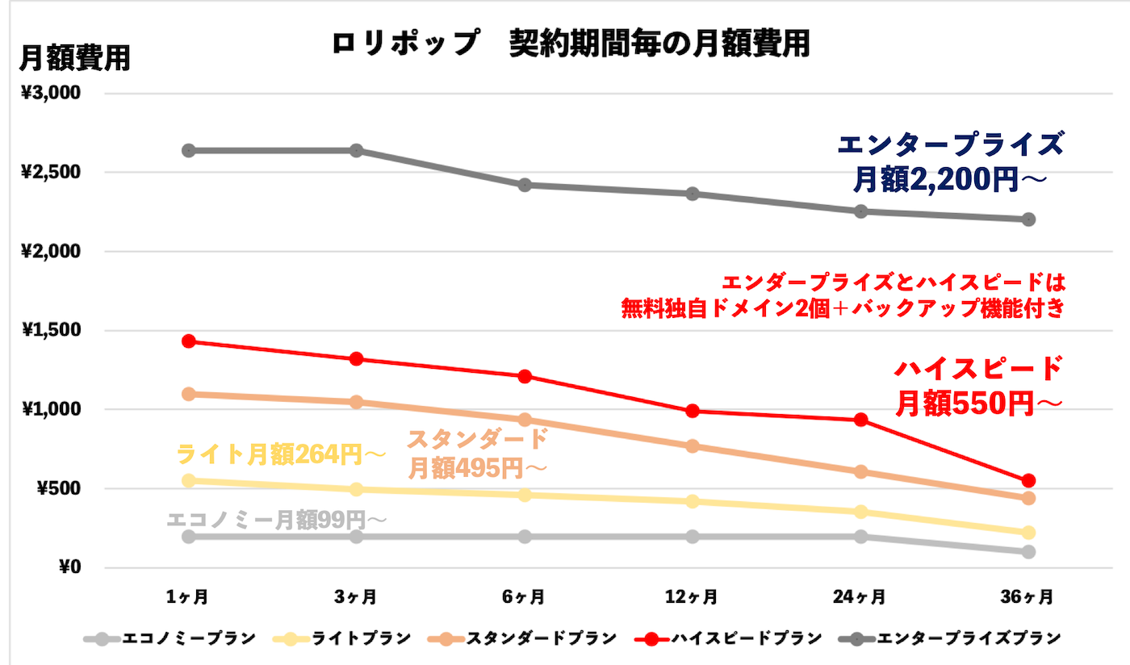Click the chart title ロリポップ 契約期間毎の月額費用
click(570, 44)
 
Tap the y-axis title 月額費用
click(74, 57)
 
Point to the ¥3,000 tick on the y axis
click(51, 93)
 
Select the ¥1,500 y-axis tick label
click(51, 330)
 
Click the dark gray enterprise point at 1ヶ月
click(189, 151)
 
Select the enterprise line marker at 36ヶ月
click(1028, 220)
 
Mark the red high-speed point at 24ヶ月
click(860, 420)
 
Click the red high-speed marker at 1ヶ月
click(189, 341)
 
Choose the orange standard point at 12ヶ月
click(693, 446)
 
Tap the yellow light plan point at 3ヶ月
click(356, 490)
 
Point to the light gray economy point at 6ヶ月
click(524, 537)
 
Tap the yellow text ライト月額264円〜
click(281, 455)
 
